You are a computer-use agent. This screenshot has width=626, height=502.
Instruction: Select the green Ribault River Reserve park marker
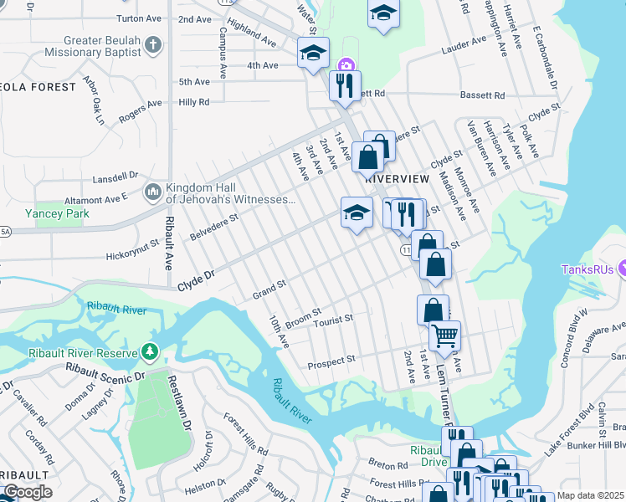tap(150, 352)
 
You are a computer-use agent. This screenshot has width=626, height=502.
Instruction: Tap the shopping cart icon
tap(444, 336)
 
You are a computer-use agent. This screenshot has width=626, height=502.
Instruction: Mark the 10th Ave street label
tap(279, 332)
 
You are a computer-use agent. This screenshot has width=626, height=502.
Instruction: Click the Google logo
tap(28, 492)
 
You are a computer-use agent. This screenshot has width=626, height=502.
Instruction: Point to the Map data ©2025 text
tap(590, 495)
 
